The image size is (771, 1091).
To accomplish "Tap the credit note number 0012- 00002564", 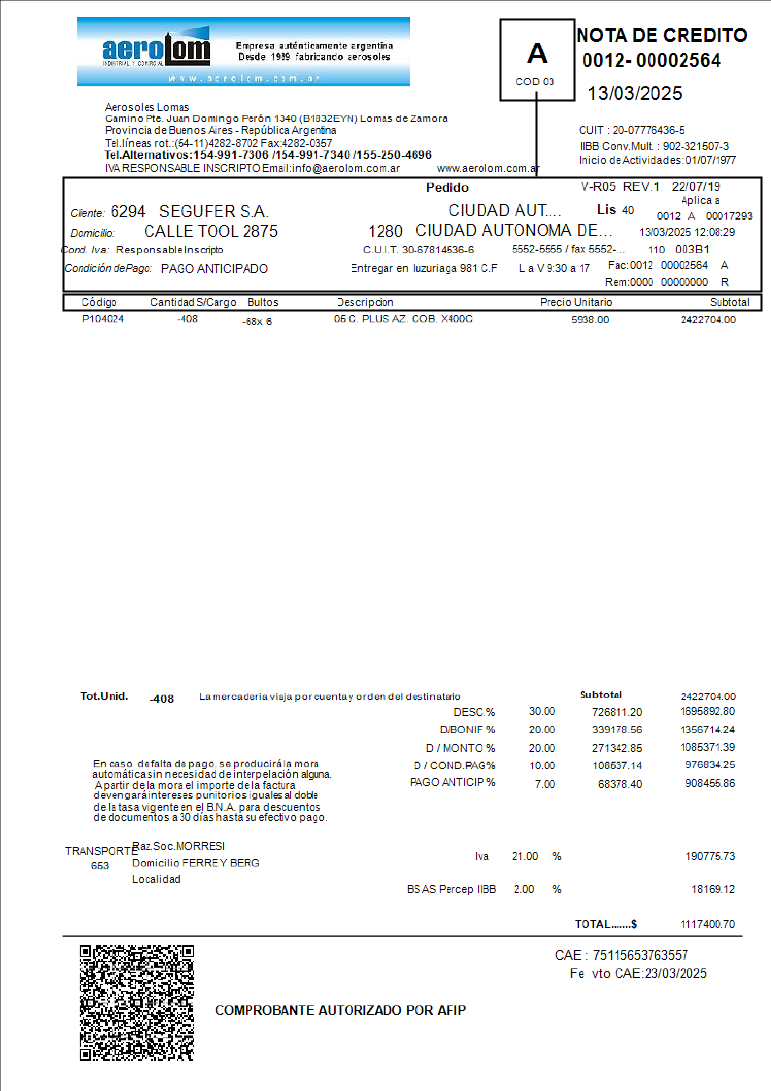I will tap(651, 61).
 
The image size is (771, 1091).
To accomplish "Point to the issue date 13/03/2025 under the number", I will tap(635, 94).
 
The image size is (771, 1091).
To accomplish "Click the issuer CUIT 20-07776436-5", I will tap(648, 130).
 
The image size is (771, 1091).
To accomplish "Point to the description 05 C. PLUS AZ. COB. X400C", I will tap(403, 319).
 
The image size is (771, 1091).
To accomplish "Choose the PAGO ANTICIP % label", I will tap(452, 782).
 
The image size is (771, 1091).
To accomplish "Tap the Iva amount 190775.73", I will tap(710, 856).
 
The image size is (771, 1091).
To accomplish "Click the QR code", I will tap(137, 1003).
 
